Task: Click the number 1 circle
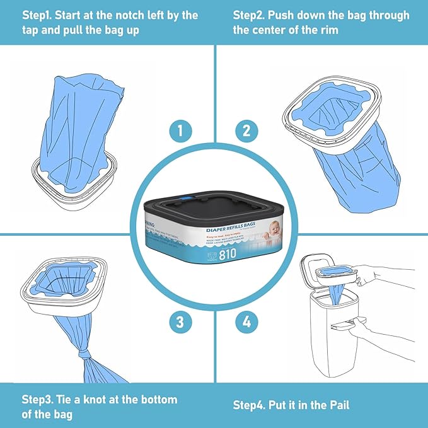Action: [x=180, y=131]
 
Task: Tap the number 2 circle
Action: [x=246, y=131]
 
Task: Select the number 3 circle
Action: [x=180, y=323]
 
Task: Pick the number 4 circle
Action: [x=246, y=323]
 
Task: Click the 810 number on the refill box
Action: [x=228, y=255]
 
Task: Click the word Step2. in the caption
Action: [x=252, y=15]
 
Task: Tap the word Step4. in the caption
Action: [x=252, y=405]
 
